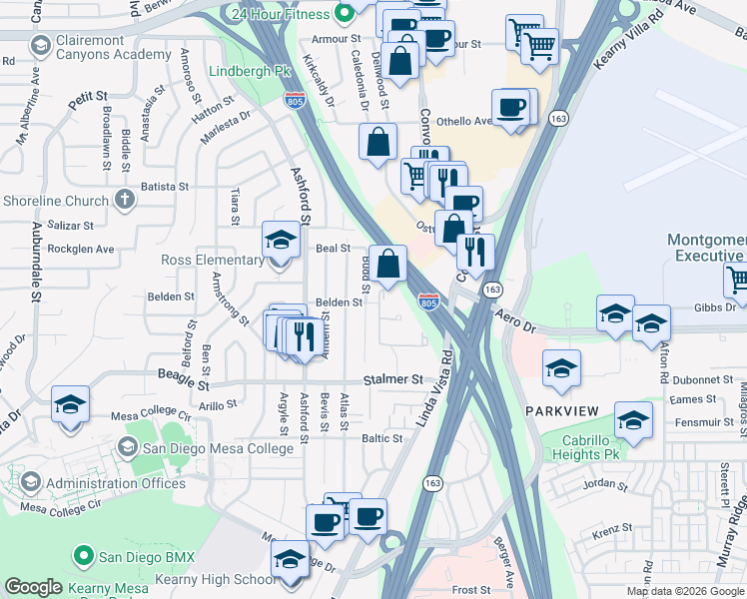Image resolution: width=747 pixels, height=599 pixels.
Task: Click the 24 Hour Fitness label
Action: (279, 15)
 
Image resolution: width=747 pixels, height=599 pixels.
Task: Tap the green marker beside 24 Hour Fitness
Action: (346, 14)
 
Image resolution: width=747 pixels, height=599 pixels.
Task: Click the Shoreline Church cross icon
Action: (124, 200)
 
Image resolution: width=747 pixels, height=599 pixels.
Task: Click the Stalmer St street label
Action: (393, 379)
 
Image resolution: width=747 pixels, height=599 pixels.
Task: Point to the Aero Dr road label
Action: (516, 320)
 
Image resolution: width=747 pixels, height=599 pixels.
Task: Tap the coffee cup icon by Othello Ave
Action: (511, 107)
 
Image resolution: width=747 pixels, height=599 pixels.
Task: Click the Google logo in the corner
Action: (34, 587)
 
